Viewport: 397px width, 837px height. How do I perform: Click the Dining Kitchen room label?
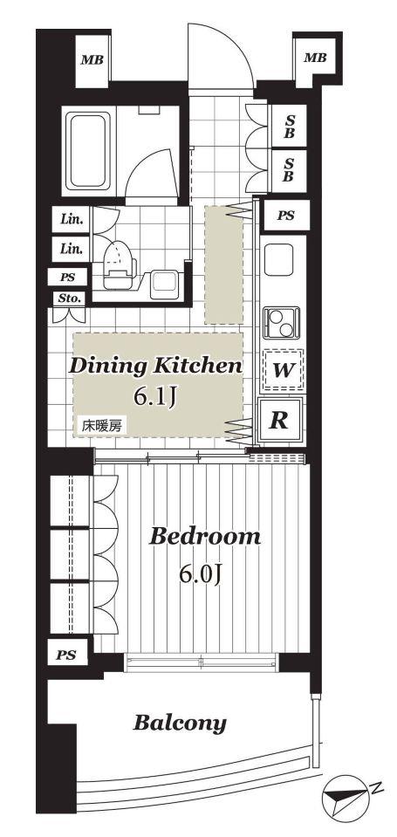(156, 367)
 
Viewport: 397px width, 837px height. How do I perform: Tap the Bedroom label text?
(205, 536)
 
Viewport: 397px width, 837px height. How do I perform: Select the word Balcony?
(180, 724)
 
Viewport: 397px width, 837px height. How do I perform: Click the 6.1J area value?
(155, 397)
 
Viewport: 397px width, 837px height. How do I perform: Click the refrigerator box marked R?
(279, 420)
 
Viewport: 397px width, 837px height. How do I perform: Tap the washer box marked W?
(283, 369)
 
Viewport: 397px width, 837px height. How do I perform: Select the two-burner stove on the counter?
(281, 323)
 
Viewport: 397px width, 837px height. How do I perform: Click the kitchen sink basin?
(278, 259)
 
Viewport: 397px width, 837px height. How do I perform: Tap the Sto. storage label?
(70, 298)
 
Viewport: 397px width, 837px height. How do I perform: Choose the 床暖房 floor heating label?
(101, 425)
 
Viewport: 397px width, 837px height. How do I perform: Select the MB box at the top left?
(92, 59)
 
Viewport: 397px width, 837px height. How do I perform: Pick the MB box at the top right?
(315, 58)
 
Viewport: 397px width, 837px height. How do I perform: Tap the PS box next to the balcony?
(66, 655)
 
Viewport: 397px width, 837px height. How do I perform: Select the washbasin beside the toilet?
(163, 284)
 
